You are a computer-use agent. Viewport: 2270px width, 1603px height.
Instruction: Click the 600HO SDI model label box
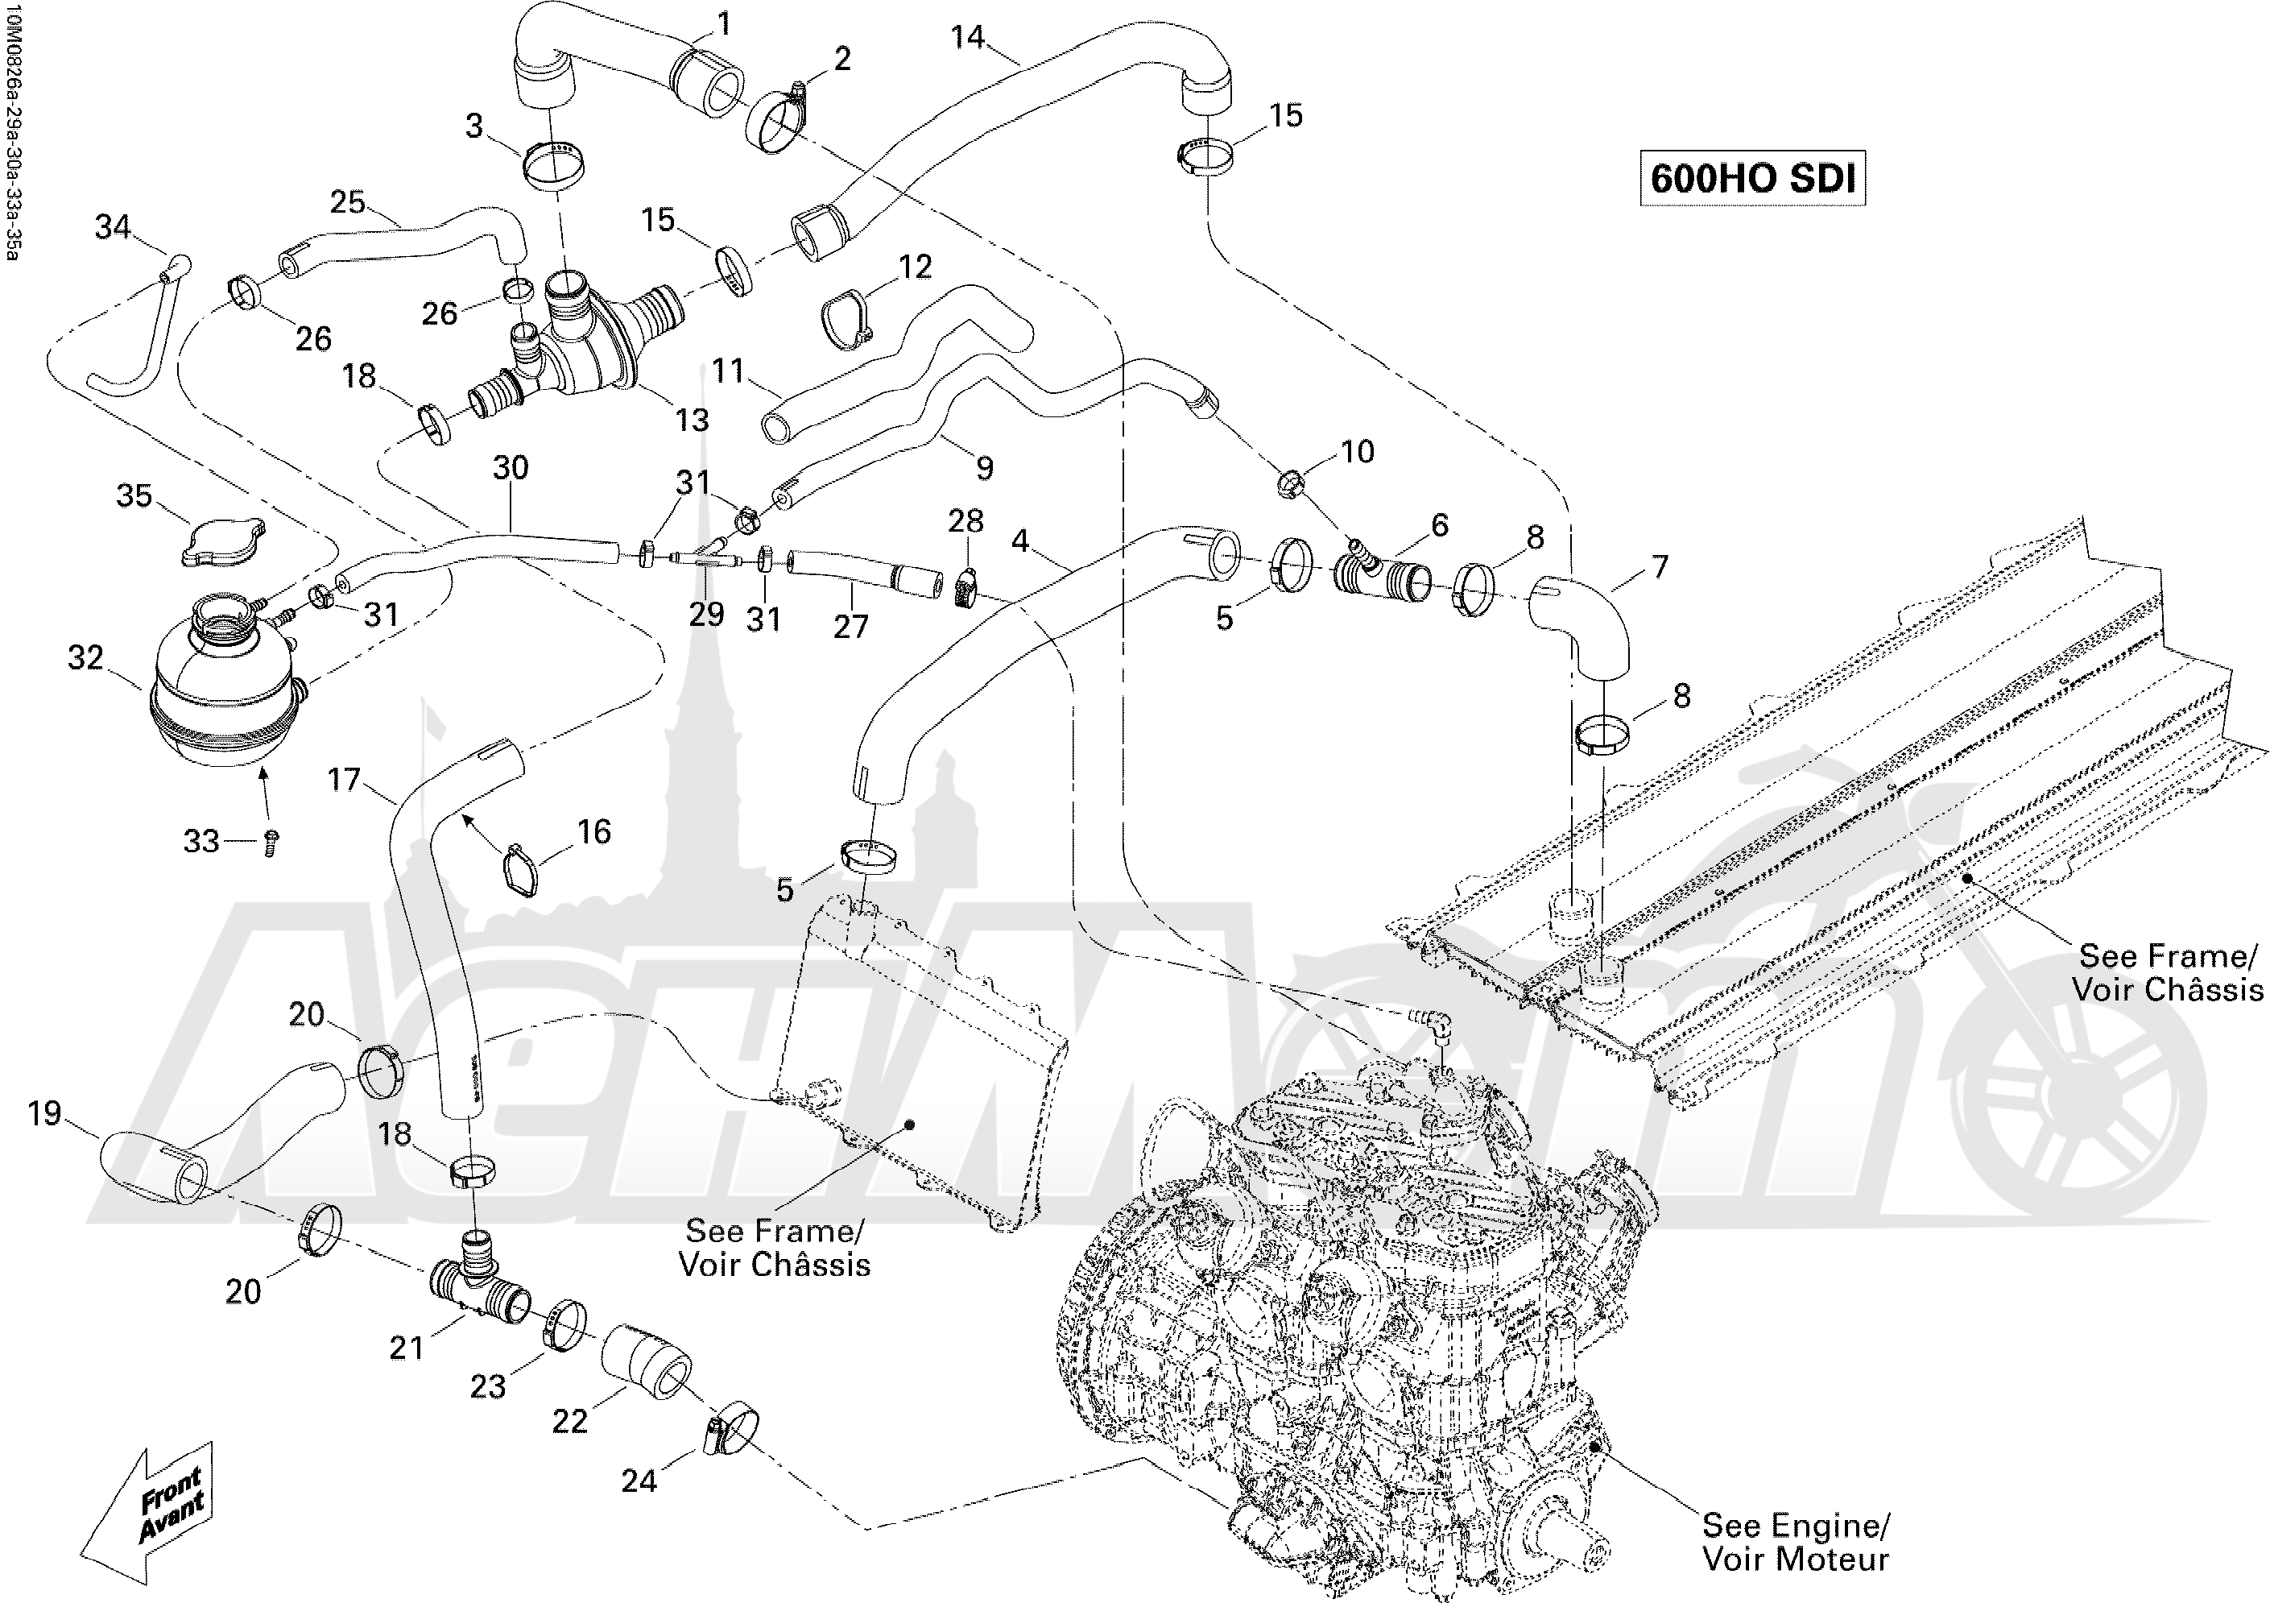coord(1752,178)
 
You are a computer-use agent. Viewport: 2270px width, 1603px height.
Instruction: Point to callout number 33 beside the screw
coord(201,842)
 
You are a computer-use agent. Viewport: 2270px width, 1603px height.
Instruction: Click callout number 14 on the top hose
coord(968,38)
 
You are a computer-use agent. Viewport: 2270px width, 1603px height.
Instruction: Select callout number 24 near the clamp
coord(639,1481)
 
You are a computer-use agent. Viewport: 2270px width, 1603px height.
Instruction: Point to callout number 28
coord(966,521)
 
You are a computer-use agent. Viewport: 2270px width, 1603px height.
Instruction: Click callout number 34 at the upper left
coord(113,226)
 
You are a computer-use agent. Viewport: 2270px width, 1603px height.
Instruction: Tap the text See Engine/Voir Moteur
coord(1794,1542)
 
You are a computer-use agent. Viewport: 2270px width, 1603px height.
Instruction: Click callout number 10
coord(1358,452)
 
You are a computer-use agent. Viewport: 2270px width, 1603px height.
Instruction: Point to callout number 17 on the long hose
coord(344,781)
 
